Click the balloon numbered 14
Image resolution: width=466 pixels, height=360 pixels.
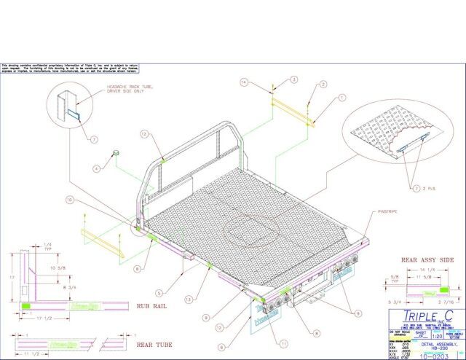point(245,83)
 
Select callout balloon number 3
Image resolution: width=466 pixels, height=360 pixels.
point(295,79)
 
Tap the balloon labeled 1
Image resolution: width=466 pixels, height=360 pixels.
point(321,97)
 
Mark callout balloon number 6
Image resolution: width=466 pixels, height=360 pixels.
point(223,349)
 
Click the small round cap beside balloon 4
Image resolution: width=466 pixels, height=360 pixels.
point(114,153)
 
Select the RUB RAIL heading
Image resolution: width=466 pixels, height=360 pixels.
point(152,307)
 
